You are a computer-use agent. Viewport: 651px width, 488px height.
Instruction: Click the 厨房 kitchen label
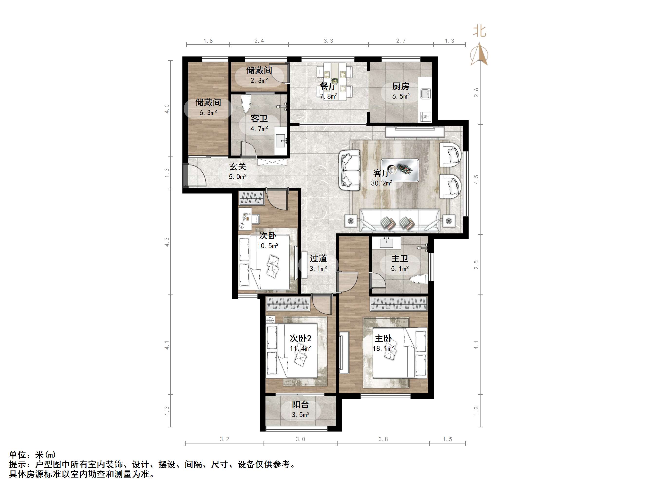click(401, 86)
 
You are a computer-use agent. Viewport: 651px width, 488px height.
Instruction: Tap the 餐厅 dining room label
click(328, 86)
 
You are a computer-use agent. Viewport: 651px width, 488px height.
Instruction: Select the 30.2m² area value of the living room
click(381, 183)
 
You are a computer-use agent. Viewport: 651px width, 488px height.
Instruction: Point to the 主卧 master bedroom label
click(383, 338)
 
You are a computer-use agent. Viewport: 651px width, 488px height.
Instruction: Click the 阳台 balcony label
click(300, 405)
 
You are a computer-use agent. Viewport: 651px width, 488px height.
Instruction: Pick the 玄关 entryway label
click(237, 166)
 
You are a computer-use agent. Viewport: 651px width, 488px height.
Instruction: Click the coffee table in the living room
click(400, 170)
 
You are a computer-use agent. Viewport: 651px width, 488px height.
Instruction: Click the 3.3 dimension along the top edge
click(329, 41)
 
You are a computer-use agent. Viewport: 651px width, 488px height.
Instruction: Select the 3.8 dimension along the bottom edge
click(383, 439)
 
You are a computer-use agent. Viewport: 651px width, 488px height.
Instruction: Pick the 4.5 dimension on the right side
click(476, 179)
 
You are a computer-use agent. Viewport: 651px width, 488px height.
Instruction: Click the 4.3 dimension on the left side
click(167, 242)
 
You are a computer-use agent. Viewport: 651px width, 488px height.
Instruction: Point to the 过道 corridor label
click(318, 258)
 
